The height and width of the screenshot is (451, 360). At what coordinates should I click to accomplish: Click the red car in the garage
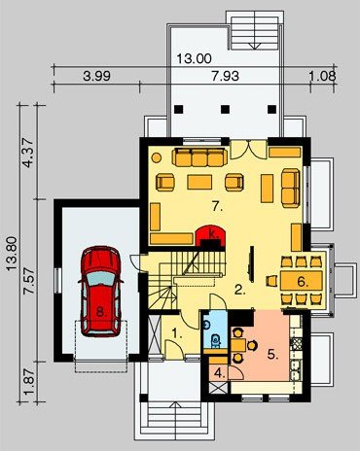coord(100,292)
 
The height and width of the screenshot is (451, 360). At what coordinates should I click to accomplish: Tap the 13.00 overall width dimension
coord(195,58)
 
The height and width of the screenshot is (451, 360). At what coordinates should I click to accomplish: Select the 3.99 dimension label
coord(96,76)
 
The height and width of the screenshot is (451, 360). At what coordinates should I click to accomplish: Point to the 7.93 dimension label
coord(225,76)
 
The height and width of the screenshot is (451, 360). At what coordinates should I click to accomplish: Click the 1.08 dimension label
coord(322,76)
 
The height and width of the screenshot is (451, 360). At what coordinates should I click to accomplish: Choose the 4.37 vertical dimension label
coord(28,153)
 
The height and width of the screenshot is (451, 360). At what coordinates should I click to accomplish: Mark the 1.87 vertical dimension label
coord(28,380)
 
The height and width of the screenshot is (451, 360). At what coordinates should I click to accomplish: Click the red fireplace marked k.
coord(210,236)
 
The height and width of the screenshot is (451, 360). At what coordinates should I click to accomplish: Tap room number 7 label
coord(218,206)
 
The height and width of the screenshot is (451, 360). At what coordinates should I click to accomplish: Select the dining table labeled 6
coord(302,281)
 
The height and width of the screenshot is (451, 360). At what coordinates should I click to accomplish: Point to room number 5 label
coord(273,355)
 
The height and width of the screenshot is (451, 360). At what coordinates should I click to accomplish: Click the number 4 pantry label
coord(220,373)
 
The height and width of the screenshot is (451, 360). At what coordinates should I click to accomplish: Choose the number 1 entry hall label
coord(177,332)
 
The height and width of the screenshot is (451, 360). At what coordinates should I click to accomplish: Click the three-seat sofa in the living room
coord(199,157)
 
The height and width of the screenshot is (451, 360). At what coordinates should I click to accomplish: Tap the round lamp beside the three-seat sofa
coord(157,157)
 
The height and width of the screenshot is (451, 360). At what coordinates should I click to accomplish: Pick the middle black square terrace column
coord(225,109)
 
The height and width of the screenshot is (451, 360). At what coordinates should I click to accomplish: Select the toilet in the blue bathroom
coord(215,340)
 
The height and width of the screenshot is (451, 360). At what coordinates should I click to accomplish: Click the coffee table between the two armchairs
coord(199,182)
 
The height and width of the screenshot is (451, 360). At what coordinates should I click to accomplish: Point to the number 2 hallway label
coord(239,290)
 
